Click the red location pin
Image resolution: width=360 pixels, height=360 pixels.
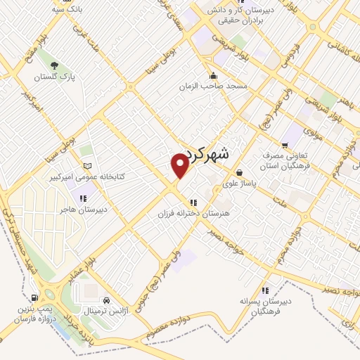tap(180, 165)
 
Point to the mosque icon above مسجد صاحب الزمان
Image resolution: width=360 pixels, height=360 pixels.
tap(213, 76)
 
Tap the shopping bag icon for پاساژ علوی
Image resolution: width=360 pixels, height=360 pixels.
tap(240, 172)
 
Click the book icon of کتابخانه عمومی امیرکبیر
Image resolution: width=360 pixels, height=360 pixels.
tap(87, 166)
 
